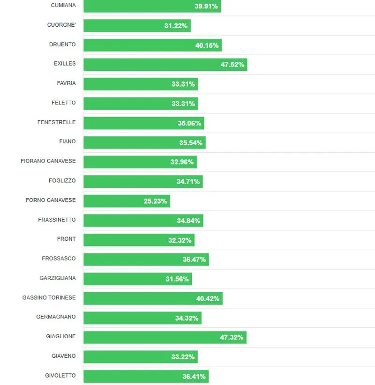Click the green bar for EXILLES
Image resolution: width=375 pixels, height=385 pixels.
pyautogui.click(x=165, y=65)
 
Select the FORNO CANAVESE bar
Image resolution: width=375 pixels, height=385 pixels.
pyautogui.click(x=127, y=201)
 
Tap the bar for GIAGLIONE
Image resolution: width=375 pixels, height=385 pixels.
pyautogui.click(x=165, y=337)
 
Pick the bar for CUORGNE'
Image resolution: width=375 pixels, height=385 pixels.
pyautogui.click(x=137, y=26)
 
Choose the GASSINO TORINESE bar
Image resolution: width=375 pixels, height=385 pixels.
pyautogui.click(x=153, y=298)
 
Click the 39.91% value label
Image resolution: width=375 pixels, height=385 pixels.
pyautogui.click(x=206, y=7)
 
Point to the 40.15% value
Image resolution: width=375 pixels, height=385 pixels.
pyautogui.click(x=207, y=45)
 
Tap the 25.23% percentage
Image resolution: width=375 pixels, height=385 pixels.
pyautogui.click(x=155, y=201)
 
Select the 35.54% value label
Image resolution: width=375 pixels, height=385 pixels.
pyautogui.click(x=191, y=143)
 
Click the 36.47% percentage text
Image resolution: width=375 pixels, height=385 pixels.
pyautogui.click(x=194, y=259)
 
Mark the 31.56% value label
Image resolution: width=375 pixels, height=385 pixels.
pyautogui.click(x=177, y=279)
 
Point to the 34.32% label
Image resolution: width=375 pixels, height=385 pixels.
pyautogui.click(x=187, y=318)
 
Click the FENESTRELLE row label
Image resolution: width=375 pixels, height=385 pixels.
pyautogui.click(x=56, y=122)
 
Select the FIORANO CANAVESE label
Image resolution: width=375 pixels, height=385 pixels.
pyautogui.click(x=48, y=161)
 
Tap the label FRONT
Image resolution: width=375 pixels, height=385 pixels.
pyautogui.click(x=66, y=239)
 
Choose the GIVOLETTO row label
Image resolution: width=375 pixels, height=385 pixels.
pyautogui.click(x=60, y=376)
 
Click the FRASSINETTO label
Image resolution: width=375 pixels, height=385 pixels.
pyautogui.click(x=57, y=220)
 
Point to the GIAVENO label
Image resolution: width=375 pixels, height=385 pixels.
pyautogui.click(x=63, y=356)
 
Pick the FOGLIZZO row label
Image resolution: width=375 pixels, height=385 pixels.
pyautogui.click(x=62, y=180)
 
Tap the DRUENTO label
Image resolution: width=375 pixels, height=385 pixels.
pyautogui.click(x=62, y=44)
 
